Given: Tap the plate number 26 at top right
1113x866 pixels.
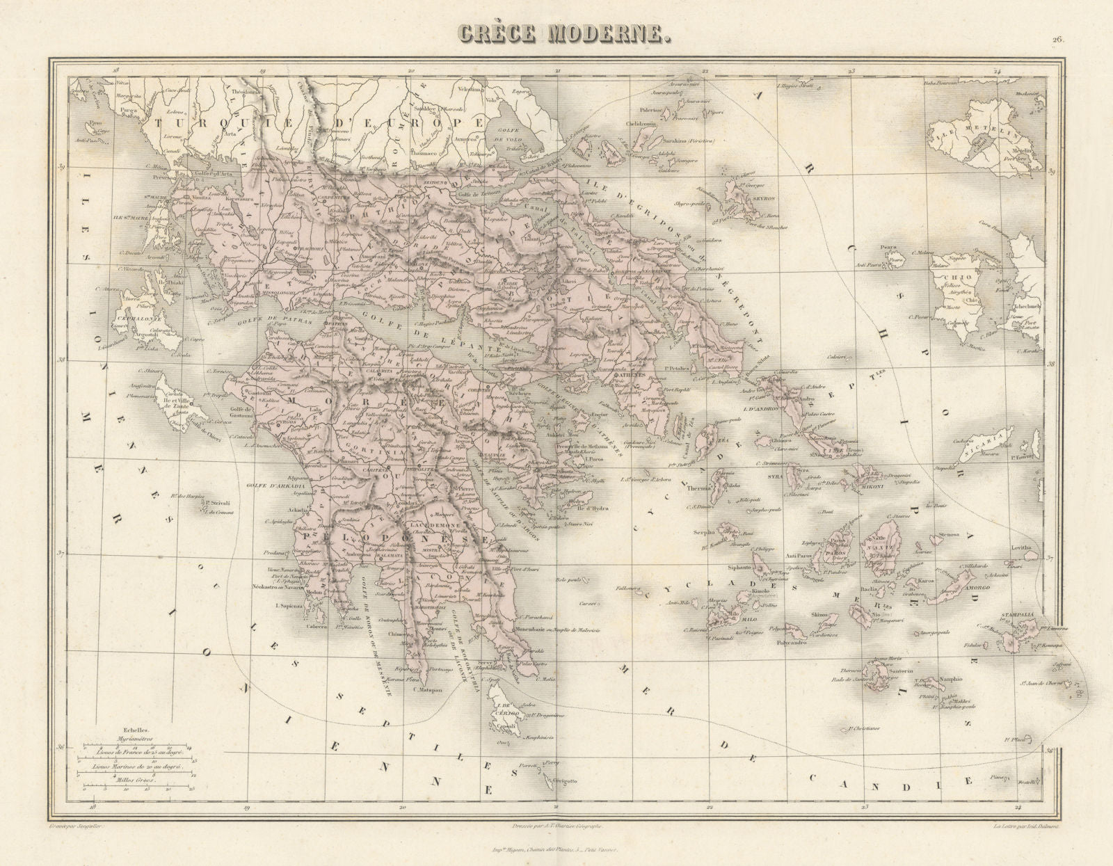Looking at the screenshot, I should (1058, 40).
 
